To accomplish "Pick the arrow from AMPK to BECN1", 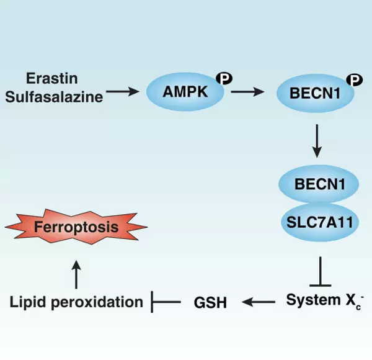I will point(246,94).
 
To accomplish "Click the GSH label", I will point(209,302).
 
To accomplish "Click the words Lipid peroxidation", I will point(76,302).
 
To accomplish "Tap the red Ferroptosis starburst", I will point(76,227).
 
